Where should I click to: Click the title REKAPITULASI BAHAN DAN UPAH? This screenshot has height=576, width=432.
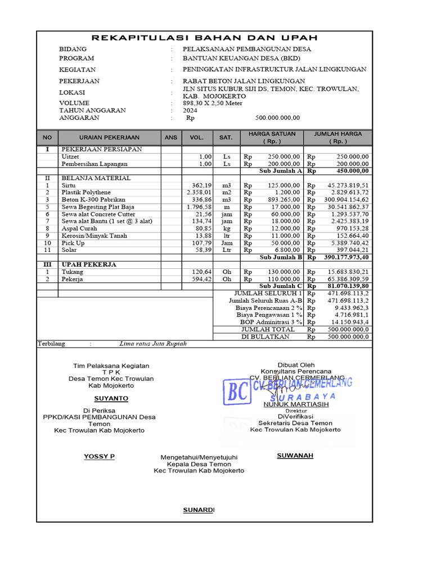click(204, 38)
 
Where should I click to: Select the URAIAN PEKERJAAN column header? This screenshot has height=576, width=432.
click(109, 137)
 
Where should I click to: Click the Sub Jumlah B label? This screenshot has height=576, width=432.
click(281, 257)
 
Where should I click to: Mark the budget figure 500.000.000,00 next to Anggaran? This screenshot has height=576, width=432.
click(278, 118)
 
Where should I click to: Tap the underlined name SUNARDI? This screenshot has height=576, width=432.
click(199, 510)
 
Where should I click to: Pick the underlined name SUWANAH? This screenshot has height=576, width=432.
click(295, 455)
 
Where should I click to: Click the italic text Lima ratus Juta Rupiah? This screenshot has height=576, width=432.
click(153, 343)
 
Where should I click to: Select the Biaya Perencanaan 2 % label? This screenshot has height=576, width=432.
click(269, 308)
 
